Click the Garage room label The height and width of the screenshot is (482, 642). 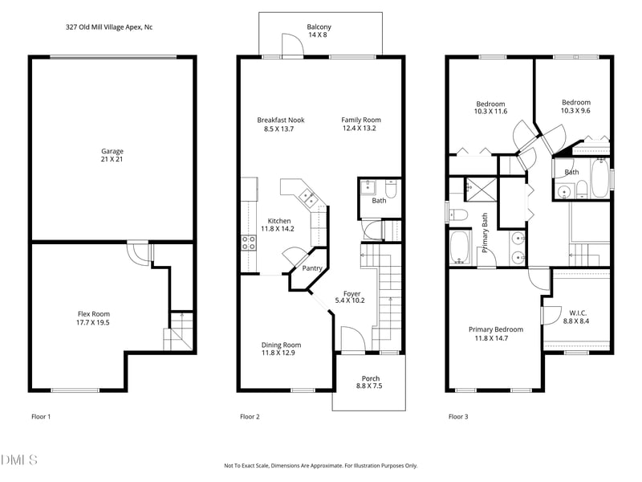point(112,151)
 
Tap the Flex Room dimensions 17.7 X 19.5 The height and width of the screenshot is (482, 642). point(93,323)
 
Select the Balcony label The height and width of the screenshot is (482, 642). point(319,27)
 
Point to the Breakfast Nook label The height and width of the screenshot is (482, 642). point(281,120)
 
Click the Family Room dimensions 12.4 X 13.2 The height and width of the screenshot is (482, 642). point(360,129)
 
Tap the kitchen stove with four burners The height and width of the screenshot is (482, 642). point(248,243)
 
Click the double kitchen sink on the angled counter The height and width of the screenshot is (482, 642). point(308,198)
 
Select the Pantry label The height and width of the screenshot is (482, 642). point(312,268)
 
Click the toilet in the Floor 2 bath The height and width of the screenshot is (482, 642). point(391,189)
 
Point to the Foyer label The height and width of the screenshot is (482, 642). point(352,293)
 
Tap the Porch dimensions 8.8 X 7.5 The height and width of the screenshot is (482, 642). point(369,386)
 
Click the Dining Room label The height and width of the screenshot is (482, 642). point(282,345)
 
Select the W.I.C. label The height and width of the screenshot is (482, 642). point(578,313)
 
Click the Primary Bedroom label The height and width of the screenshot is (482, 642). point(496,329)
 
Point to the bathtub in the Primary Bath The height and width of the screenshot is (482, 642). point(461,248)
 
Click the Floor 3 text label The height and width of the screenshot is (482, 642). point(458,417)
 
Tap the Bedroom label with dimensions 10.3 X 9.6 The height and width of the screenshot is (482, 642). point(576,103)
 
